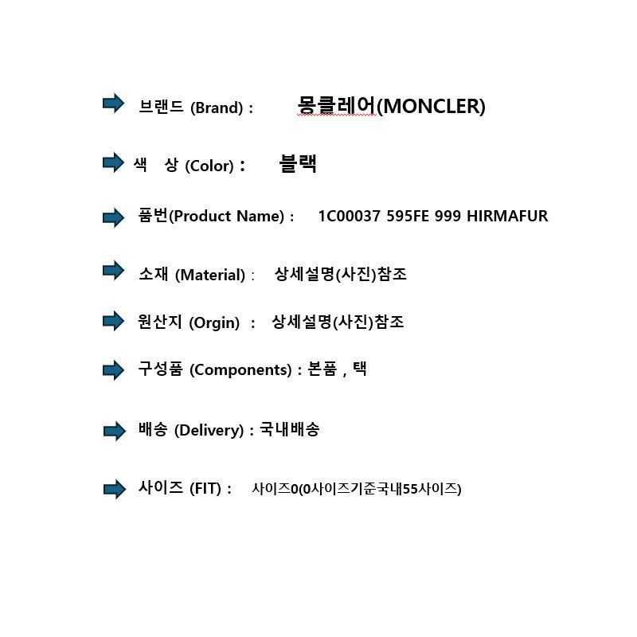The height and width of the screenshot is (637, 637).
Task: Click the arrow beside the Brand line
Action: (x=113, y=104)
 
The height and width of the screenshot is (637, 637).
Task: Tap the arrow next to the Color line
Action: (x=113, y=162)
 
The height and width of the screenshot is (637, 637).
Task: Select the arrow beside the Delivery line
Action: (x=115, y=431)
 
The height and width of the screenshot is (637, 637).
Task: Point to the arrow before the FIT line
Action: (x=115, y=489)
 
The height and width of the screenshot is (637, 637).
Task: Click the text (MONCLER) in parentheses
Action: (x=431, y=107)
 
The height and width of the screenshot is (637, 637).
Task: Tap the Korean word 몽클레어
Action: (x=336, y=105)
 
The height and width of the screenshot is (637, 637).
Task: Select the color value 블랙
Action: (x=298, y=163)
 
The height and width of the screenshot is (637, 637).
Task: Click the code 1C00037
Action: (x=350, y=216)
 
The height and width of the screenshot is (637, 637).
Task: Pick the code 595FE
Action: (x=408, y=216)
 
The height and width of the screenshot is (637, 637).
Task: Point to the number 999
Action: (x=447, y=216)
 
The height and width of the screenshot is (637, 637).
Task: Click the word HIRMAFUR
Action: (x=507, y=216)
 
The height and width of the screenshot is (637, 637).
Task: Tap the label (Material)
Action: (x=210, y=275)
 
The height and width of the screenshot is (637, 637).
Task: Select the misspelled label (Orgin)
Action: (x=214, y=323)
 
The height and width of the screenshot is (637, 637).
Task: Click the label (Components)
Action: (x=240, y=369)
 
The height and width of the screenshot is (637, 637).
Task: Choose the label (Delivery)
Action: (x=209, y=430)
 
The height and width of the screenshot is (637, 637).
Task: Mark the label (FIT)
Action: (x=205, y=488)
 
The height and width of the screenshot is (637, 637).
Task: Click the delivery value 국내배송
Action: (x=290, y=429)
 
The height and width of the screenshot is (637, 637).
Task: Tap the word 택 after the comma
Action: (x=360, y=369)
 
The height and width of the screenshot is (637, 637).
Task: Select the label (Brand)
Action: (x=217, y=107)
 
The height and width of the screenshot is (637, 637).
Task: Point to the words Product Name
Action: (x=226, y=216)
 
